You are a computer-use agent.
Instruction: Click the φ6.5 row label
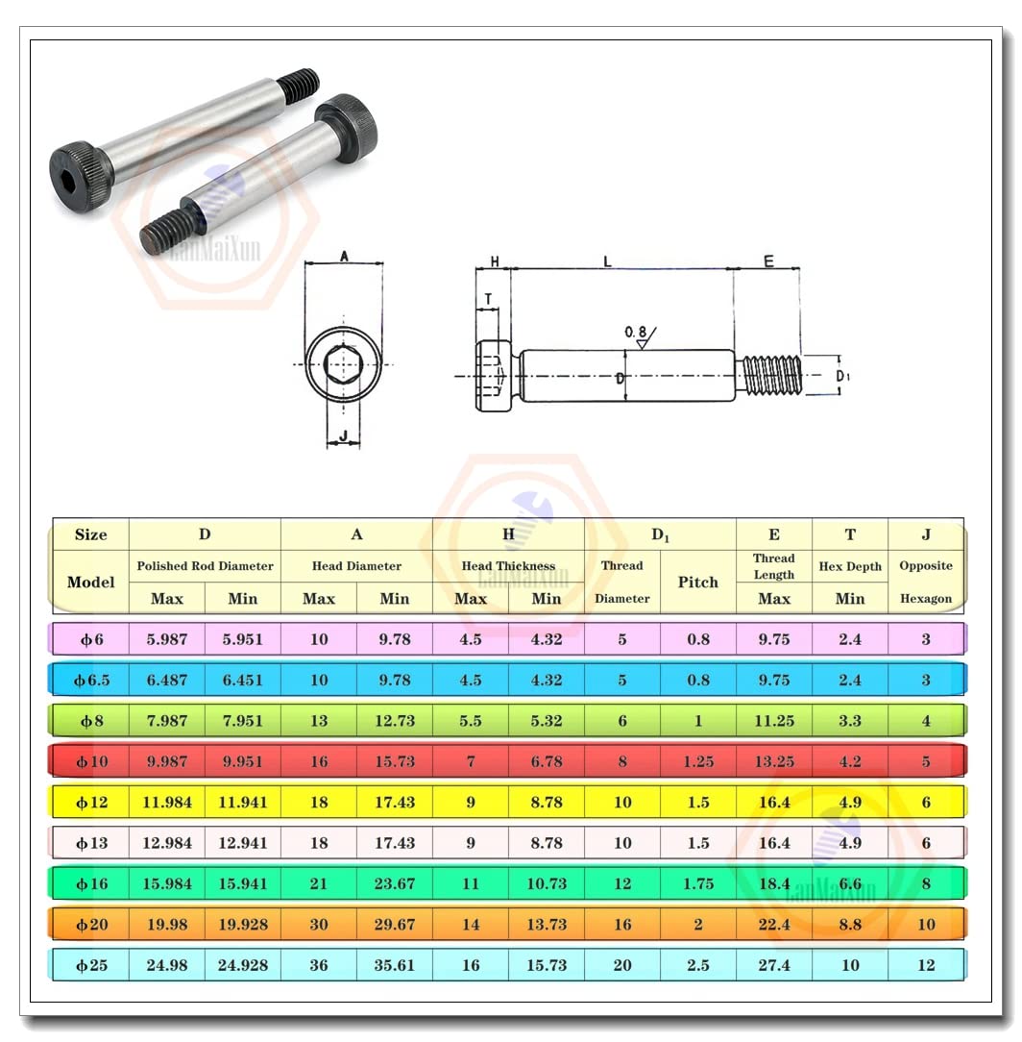[x=91, y=680]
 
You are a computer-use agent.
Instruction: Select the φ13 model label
[x=91, y=843]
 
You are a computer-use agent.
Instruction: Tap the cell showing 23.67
[x=394, y=883]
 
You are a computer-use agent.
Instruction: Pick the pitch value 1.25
[x=697, y=761]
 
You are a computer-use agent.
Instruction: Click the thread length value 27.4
[x=773, y=965]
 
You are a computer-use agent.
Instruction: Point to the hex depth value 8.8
[x=849, y=925]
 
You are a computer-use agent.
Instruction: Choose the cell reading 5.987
[x=166, y=639]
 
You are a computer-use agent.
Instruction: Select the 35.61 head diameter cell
[x=394, y=965]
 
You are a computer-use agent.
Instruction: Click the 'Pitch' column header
[x=697, y=583]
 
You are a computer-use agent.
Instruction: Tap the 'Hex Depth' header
[x=849, y=567]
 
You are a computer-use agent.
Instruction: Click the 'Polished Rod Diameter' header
[x=205, y=566]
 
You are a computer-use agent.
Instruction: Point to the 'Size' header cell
[x=90, y=535]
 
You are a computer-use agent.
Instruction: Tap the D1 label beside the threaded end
[x=842, y=376]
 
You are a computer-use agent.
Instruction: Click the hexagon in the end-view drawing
[x=343, y=364]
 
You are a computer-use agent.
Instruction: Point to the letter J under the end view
[x=343, y=437]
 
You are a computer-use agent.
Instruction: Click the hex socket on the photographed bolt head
[x=72, y=164]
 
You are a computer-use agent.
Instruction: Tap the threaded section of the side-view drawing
[x=772, y=375]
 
